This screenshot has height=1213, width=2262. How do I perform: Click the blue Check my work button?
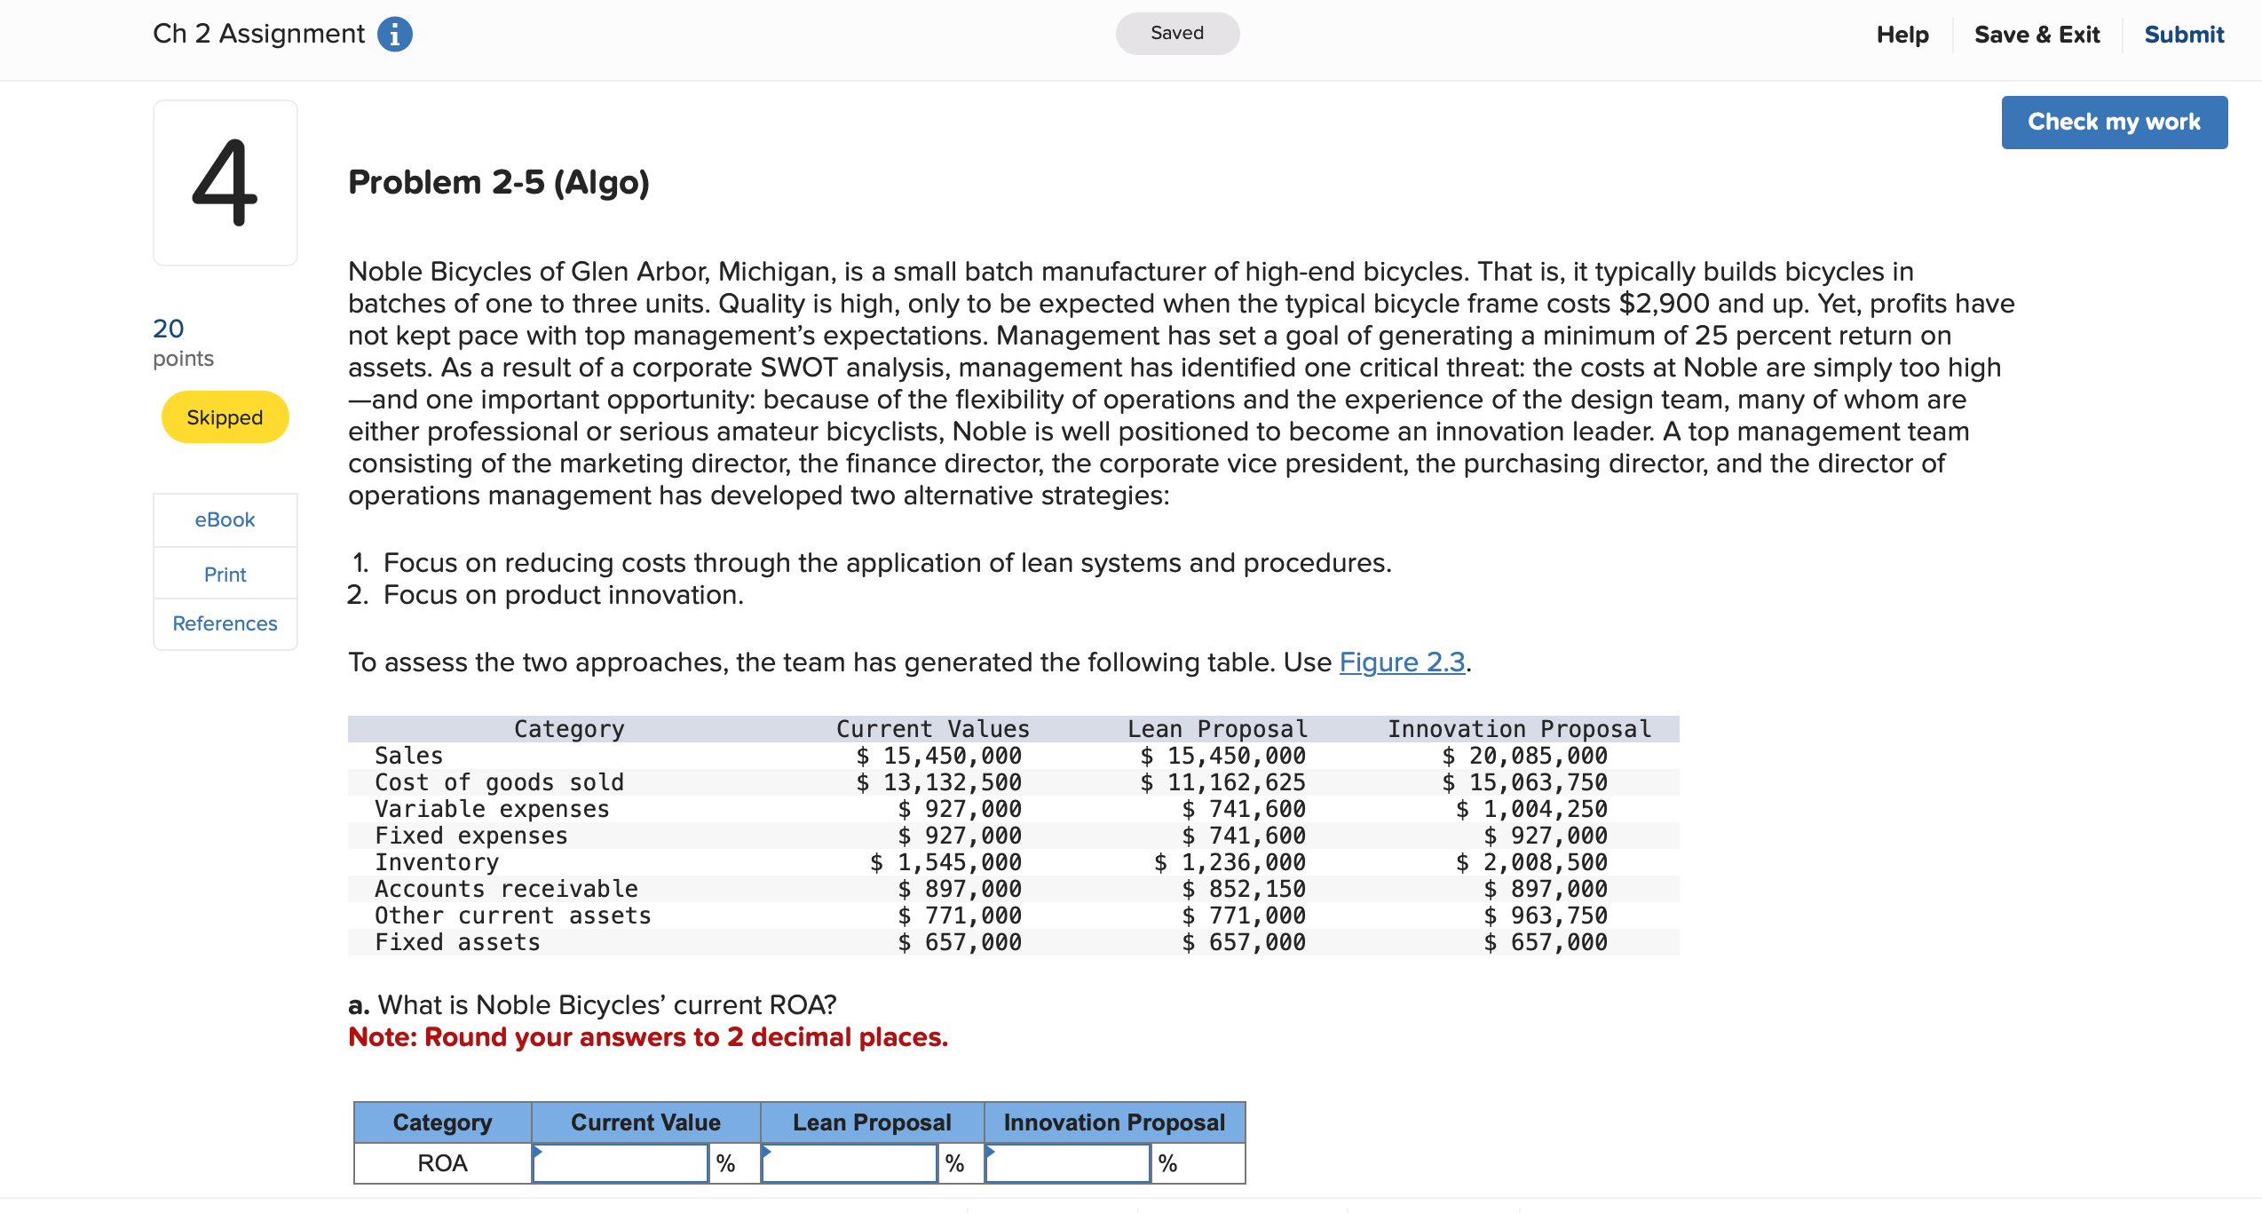2113,123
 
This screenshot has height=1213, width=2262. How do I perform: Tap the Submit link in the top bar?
2183,35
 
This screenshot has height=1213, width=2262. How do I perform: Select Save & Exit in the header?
2037,35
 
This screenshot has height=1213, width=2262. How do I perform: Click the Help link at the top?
1902,35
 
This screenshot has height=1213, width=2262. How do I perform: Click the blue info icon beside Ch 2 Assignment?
395,35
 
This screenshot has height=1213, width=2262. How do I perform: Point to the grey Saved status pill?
1176,34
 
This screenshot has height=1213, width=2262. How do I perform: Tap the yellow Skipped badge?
225,417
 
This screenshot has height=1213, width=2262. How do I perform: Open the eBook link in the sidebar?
225,519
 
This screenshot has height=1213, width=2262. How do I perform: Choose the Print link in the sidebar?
225,575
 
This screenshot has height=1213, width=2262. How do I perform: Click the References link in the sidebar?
225,623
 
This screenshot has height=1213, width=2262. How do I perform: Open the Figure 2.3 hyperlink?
1401,662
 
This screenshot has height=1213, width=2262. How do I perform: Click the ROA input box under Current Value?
620,1163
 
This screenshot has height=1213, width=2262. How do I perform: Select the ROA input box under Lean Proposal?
849,1163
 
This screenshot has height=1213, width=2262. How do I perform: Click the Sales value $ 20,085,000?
1524,756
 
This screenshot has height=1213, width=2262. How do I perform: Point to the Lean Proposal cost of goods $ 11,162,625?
1222,782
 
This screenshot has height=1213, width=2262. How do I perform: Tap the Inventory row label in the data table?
436,862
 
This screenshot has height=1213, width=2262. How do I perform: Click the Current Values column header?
932,729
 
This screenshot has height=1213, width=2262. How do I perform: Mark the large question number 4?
225,183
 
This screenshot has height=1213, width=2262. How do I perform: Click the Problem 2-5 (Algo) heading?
498,183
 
